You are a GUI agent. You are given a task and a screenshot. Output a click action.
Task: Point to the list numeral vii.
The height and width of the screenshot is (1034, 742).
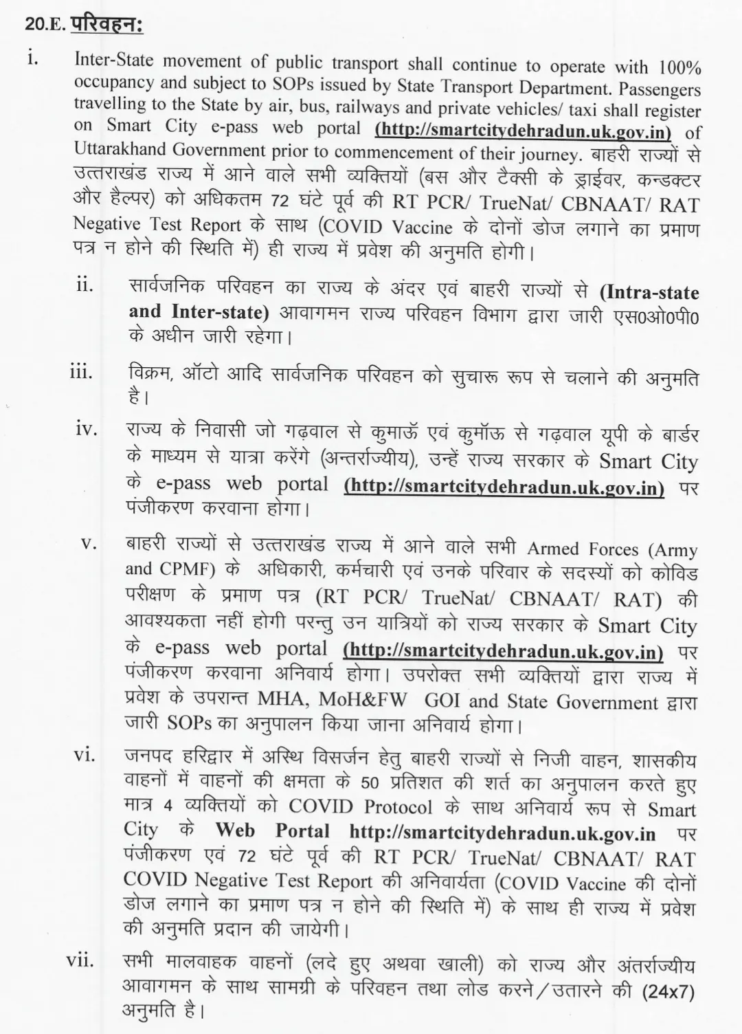(x=80, y=960)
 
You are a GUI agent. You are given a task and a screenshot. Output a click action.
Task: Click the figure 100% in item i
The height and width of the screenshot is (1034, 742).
(x=679, y=67)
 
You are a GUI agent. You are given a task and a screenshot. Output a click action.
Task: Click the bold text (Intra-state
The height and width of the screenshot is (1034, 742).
(x=649, y=292)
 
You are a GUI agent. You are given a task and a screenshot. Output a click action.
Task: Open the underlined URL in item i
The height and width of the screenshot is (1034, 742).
(x=524, y=129)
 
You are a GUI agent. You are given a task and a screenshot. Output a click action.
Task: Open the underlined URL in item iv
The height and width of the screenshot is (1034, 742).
(x=504, y=487)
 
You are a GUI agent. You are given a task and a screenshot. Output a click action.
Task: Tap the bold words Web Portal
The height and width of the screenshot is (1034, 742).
(x=273, y=831)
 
